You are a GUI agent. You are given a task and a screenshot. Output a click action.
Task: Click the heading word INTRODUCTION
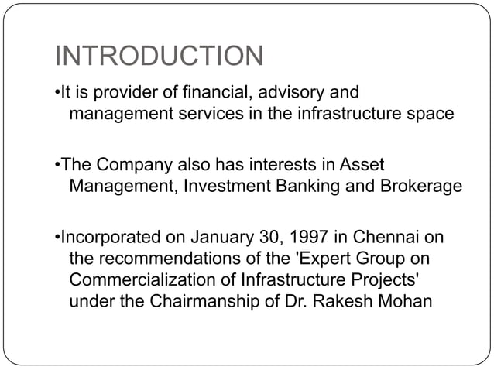[x=160, y=57]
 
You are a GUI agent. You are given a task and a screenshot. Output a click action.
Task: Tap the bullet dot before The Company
[x=58, y=165]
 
